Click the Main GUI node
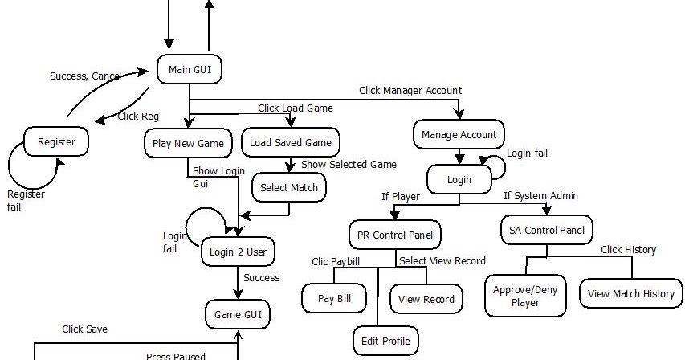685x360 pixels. coord(190,70)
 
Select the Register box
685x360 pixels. coord(56,142)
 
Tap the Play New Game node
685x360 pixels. coord(189,143)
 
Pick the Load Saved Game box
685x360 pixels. coord(291,143)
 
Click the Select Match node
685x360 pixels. coord(289,188)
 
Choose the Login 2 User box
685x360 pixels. coord(237,252)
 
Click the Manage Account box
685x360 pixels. coord(459,135)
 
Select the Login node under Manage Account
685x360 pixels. coord(459,180)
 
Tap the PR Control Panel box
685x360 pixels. coord(396,235)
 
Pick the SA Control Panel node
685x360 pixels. coord(547,231)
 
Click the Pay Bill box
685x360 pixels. coord(334,299)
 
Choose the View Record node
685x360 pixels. coord(426,299)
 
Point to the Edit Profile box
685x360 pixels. coord(385,341)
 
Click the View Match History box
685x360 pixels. coord(631,294)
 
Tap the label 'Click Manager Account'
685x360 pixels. coord(410,91)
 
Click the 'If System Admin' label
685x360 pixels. coord(540,195)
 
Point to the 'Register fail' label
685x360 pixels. coord(26,201)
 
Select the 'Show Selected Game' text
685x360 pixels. coord(349,165)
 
